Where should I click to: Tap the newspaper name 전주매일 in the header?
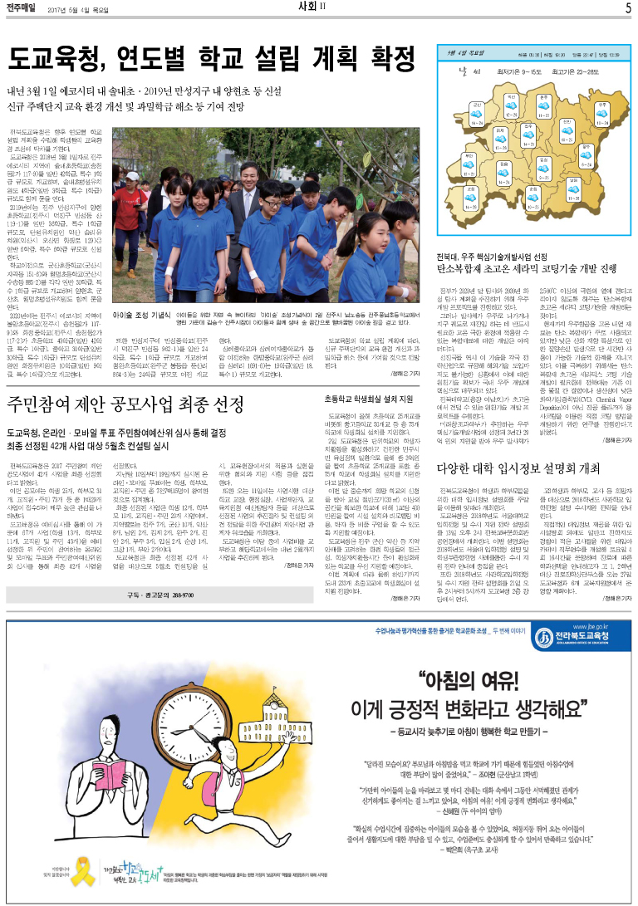point(24,9)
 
